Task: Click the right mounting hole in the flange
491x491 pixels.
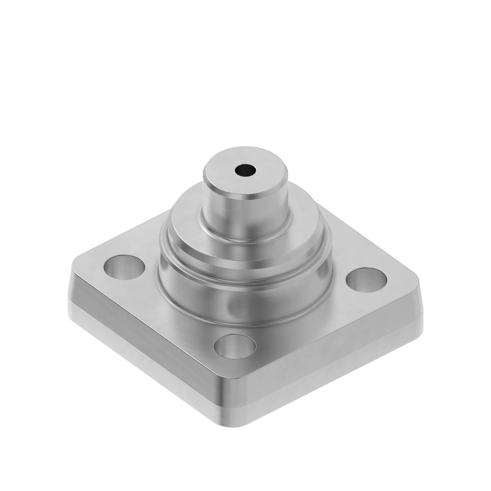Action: tap(366, 279)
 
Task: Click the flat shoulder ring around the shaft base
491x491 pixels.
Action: tap(188, 217)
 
